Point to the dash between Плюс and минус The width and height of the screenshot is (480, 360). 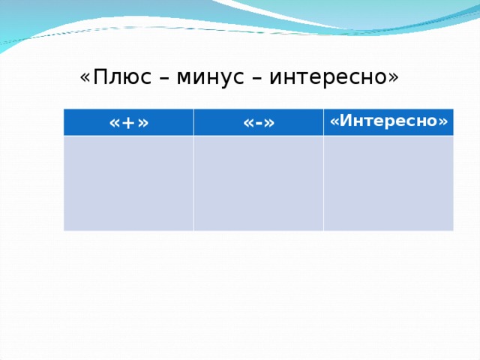click(x=163, y=78)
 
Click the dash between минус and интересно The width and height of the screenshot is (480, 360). click(x=256, y=78)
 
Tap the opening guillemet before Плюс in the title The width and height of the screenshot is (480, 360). click(x=85, y=78)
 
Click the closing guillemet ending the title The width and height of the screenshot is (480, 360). click(x=393, y=78)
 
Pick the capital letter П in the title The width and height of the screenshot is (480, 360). click(x=99, y=77)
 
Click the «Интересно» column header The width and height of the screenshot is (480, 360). click(x=388, y=121)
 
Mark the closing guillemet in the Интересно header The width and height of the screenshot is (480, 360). click(x=444, y=121)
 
